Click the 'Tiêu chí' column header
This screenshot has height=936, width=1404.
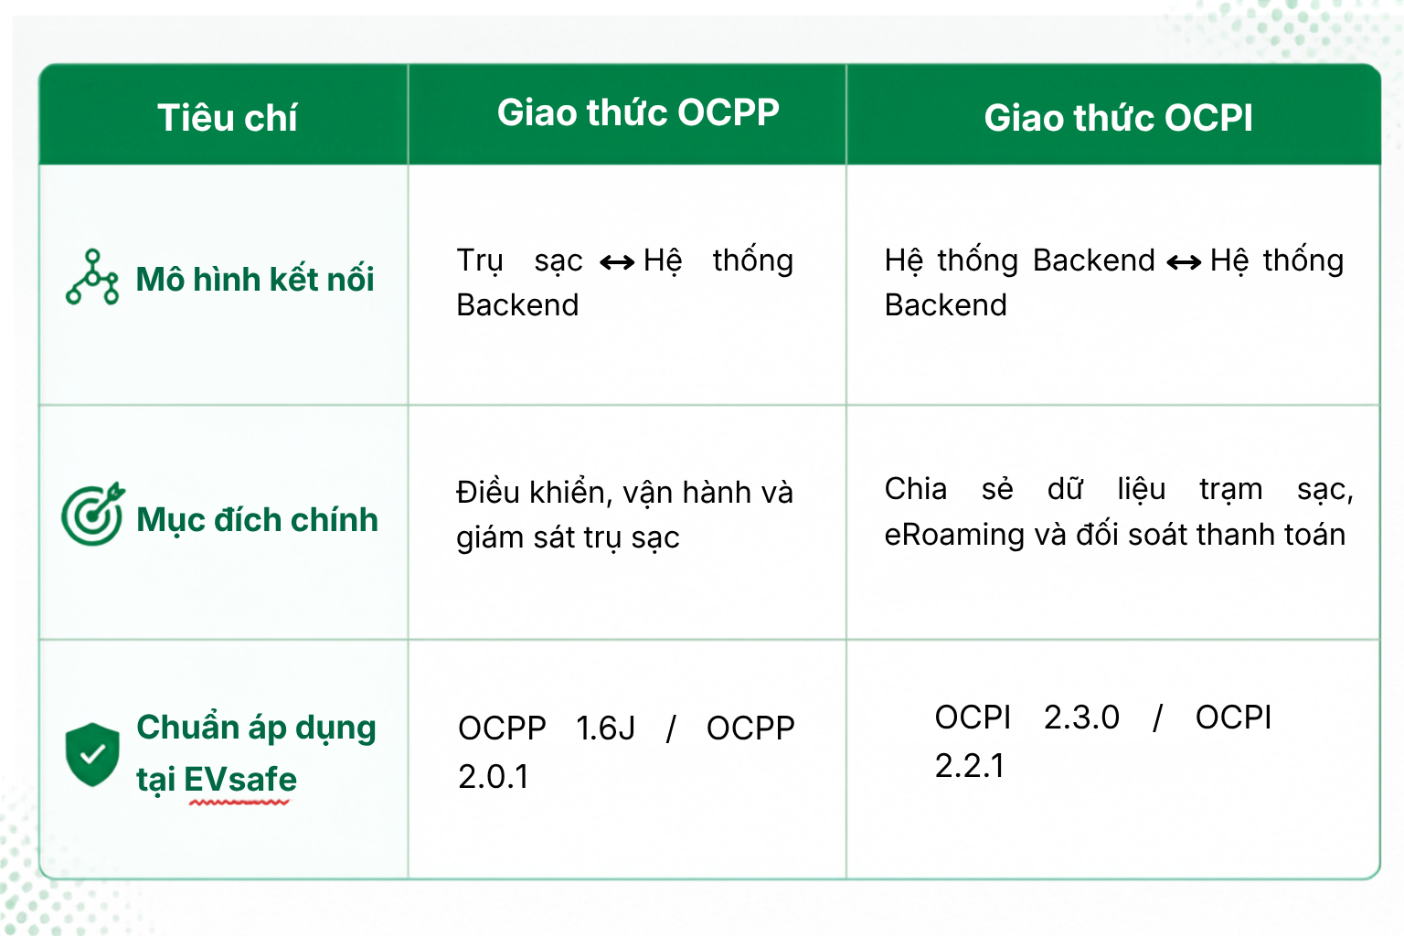click(227, 117)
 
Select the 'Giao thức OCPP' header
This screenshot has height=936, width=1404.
click(638, 112)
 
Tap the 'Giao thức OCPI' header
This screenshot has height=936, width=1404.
click(1118, 117)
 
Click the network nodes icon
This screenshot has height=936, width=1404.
click(92, 277)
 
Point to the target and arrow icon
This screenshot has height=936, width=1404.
click(92, 514)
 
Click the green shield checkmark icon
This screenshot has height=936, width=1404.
click(92, 754)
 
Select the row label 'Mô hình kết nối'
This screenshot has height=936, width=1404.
click(254, 279)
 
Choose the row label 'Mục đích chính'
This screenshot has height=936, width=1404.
click(257, 521)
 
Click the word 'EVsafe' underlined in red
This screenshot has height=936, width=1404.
click(240, 780)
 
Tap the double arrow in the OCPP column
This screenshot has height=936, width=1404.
click(617, 262)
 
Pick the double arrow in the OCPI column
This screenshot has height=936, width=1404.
click(1184, 262)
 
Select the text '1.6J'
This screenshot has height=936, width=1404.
click(605, 729)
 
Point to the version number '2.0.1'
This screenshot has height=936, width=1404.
click(494, 777)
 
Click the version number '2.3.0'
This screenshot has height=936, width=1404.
click(1081, 718)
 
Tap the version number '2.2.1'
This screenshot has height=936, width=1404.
click(970, 766)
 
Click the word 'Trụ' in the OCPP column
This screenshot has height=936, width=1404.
click(480, 261)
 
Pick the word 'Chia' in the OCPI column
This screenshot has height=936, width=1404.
click(916, 489)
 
